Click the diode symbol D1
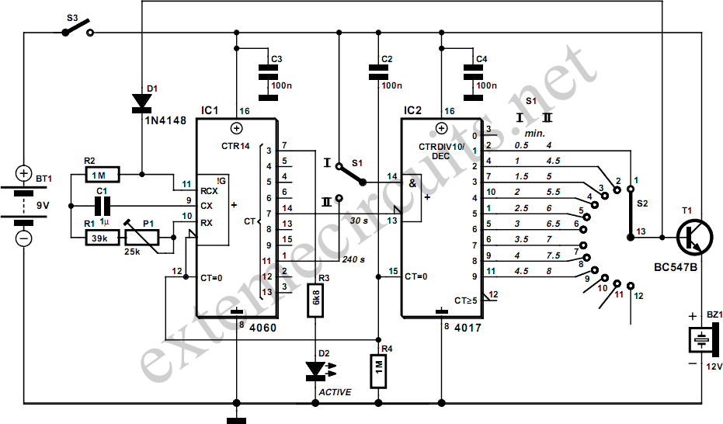click(142, 104)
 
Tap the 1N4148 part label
click(165, 120)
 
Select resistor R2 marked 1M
click(103, 175)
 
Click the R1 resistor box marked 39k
click(103, 238)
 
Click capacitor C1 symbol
click(103, 206)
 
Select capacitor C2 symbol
click(378, 72)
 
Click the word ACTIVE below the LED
click(335, 392)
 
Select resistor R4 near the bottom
click(378, 371)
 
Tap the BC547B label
click(676, 267)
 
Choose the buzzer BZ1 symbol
click(703, 339)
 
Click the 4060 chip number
click(262, 328)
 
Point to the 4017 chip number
click(468, 328)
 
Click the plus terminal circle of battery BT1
click(23, 173)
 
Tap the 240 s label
click(353, 259)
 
